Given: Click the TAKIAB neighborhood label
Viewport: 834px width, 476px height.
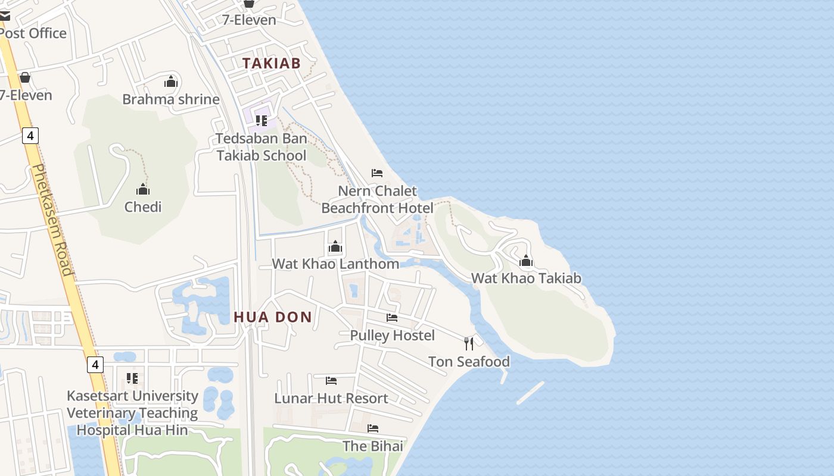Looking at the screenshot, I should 271,63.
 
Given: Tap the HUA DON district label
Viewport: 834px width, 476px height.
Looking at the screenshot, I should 273,317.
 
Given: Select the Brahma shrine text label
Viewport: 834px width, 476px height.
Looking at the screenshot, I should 171,99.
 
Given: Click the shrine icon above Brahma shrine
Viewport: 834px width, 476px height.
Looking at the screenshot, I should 171,82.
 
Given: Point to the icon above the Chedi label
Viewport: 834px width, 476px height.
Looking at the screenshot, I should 143,190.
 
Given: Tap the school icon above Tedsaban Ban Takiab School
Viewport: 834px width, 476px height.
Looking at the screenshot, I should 261,121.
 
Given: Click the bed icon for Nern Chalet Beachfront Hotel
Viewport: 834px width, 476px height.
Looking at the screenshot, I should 377,173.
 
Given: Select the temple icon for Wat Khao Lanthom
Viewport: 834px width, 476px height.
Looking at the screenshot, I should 335,246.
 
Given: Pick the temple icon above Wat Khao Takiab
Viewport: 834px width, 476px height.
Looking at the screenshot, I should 525,261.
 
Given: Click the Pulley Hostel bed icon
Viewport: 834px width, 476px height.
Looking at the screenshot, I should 392,318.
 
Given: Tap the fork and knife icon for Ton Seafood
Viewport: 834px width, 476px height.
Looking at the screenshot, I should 469,343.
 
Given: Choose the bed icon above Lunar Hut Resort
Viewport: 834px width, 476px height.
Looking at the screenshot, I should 331,381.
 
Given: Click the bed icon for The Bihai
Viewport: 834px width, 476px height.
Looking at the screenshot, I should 373,428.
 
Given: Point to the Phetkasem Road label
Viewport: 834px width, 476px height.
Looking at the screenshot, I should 52,220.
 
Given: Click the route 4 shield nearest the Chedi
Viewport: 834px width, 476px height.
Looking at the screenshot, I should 30,136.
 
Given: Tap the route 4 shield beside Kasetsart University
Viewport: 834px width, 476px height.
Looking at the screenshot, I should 95,364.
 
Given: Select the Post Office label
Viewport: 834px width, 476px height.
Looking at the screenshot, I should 33,33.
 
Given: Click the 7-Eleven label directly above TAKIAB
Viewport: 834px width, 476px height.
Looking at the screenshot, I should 249,20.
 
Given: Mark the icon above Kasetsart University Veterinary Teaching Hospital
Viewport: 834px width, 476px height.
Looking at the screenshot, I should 132,378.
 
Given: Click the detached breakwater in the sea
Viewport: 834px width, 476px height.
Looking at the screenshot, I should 530,393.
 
